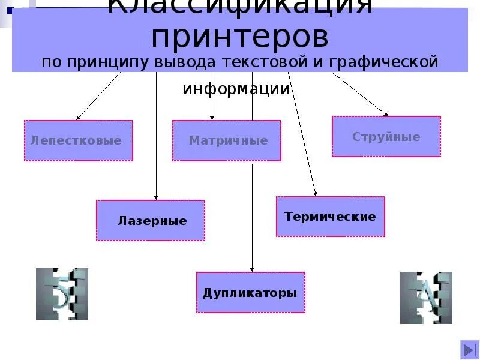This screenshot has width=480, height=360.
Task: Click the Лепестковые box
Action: (78, 140)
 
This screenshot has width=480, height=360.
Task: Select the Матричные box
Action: (227, 140)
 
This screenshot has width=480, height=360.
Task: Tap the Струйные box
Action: (386, 137)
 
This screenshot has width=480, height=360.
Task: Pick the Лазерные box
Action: (151, 220)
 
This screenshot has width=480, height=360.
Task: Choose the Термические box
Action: (330, 216)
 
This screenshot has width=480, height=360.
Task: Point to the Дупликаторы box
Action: (250, 293)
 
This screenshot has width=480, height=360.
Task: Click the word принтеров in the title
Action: (240, 37)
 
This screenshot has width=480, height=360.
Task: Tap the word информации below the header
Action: (236, 89)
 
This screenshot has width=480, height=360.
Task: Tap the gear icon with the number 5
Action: (62, 294)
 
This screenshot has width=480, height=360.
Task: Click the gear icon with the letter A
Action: (418, 298)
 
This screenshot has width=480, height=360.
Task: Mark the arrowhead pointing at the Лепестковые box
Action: (78, 118)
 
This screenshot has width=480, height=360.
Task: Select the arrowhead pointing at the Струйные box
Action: (386, 113)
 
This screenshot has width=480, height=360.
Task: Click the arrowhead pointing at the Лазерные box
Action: (156, 197)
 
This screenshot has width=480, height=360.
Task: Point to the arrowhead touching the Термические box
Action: (316, 193)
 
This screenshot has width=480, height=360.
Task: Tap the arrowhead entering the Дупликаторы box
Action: (252, 269)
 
